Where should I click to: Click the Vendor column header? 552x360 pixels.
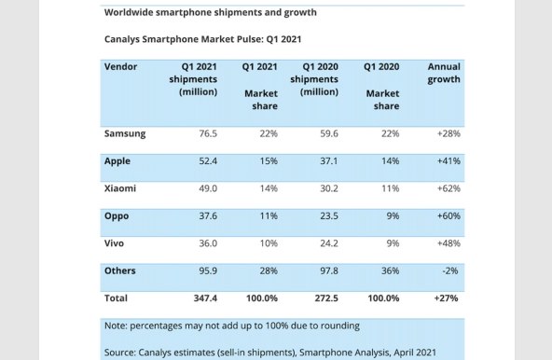pos(121,67)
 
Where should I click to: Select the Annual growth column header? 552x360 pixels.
pos(443,74)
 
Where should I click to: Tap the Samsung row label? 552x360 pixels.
pos(125,134)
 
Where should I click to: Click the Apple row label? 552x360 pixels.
pos(117,161)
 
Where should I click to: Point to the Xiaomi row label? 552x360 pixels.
pos(121,188)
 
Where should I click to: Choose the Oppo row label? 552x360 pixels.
pos(117,216)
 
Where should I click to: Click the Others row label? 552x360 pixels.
pos(120,271)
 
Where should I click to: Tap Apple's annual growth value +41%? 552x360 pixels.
pos(448,161)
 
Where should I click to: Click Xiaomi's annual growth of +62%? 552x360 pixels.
pos(448,188)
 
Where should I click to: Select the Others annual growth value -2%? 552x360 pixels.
pos(451,271)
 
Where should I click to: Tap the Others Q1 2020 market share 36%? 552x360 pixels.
pos(389,271)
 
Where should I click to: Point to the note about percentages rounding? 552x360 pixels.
pos(231,325)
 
